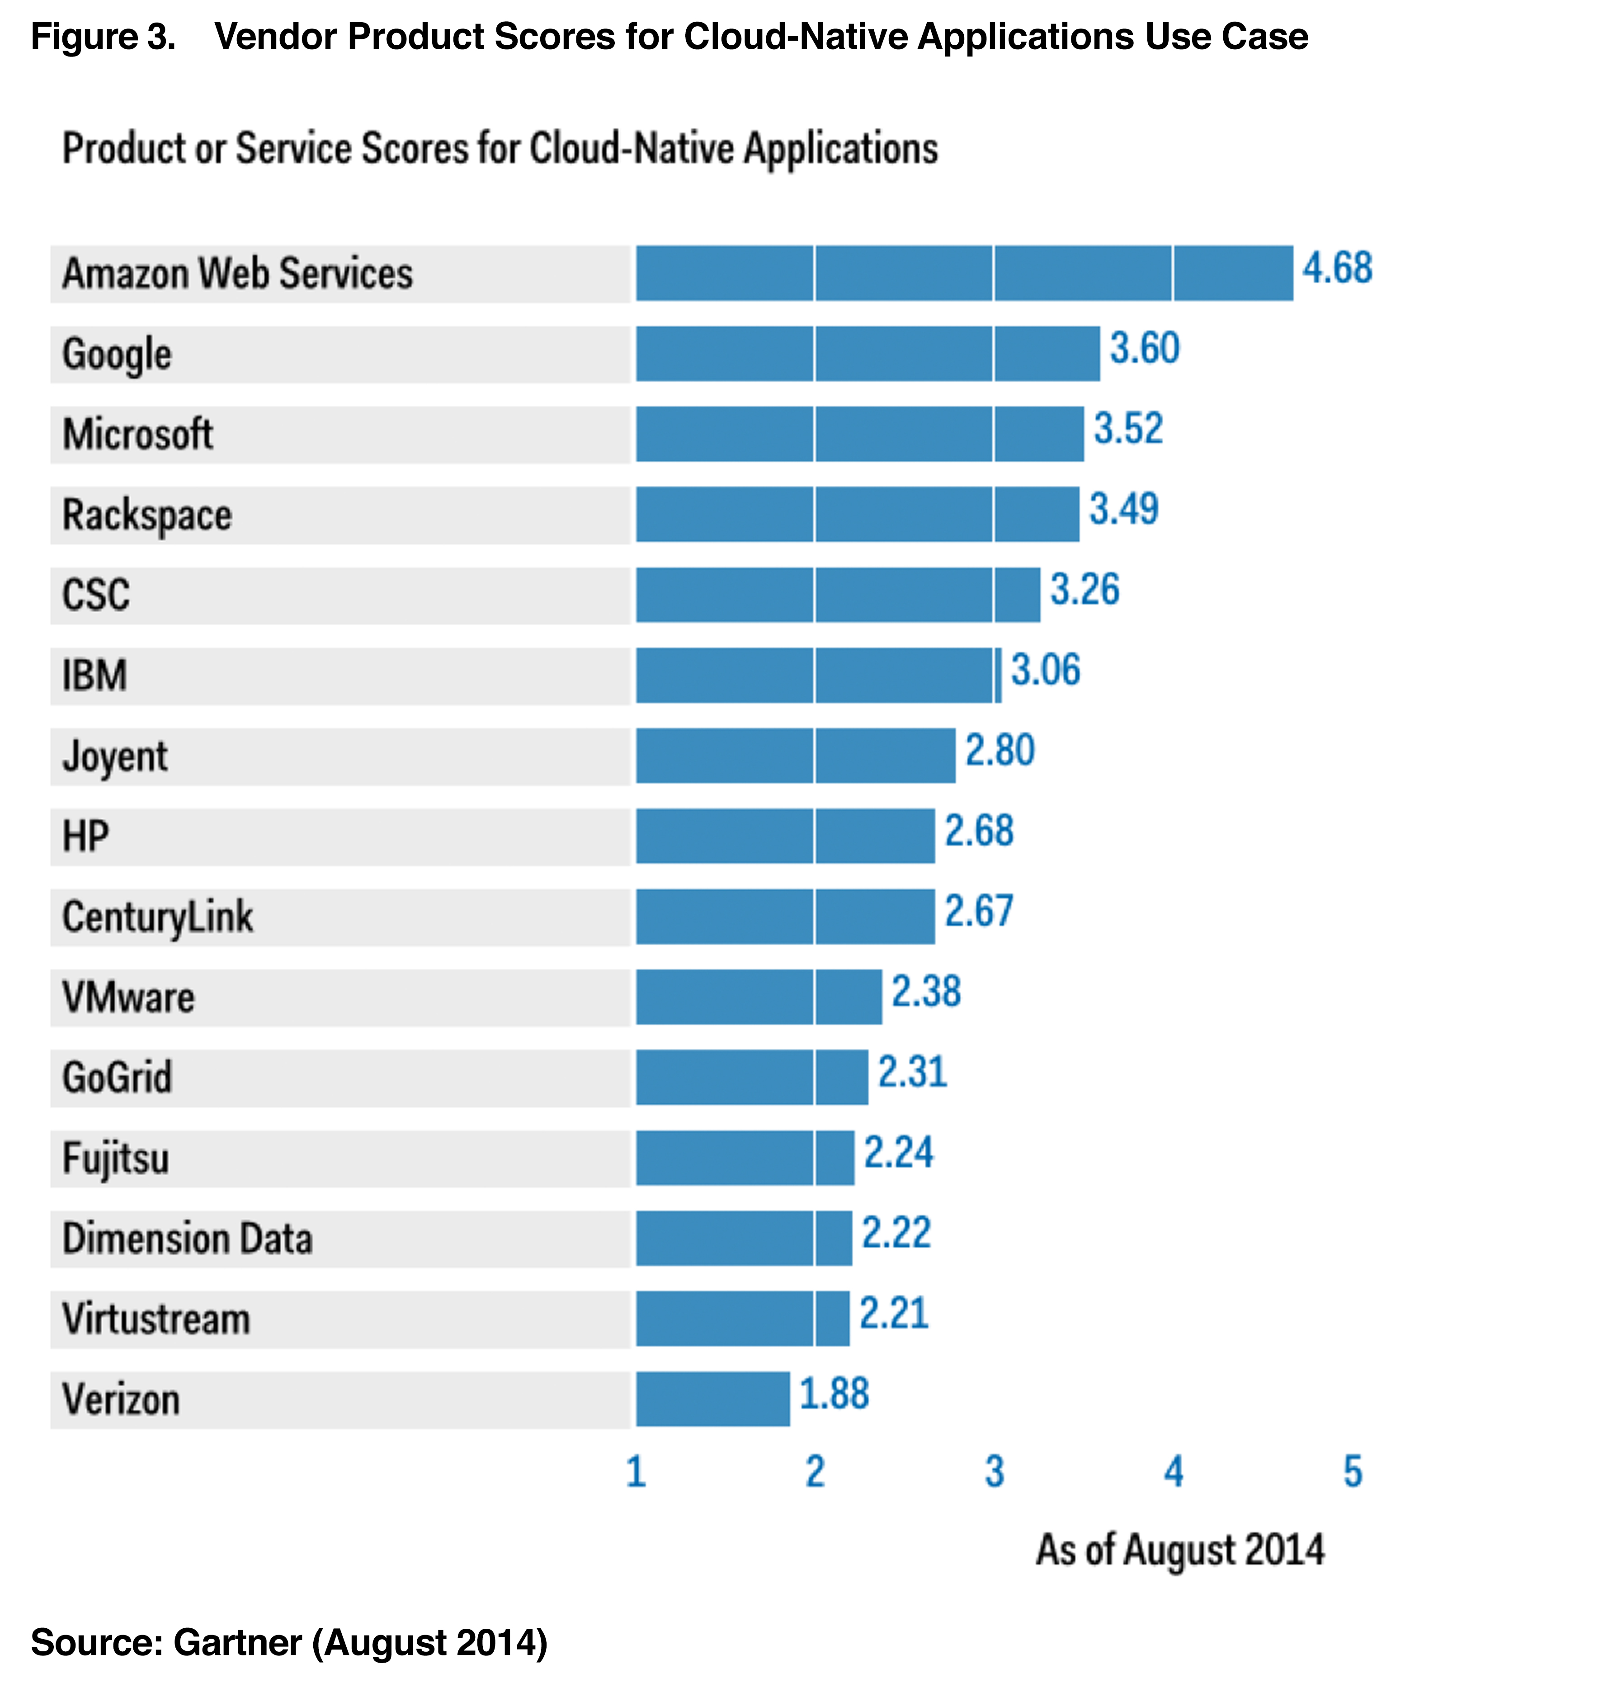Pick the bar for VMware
click(758, 997)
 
